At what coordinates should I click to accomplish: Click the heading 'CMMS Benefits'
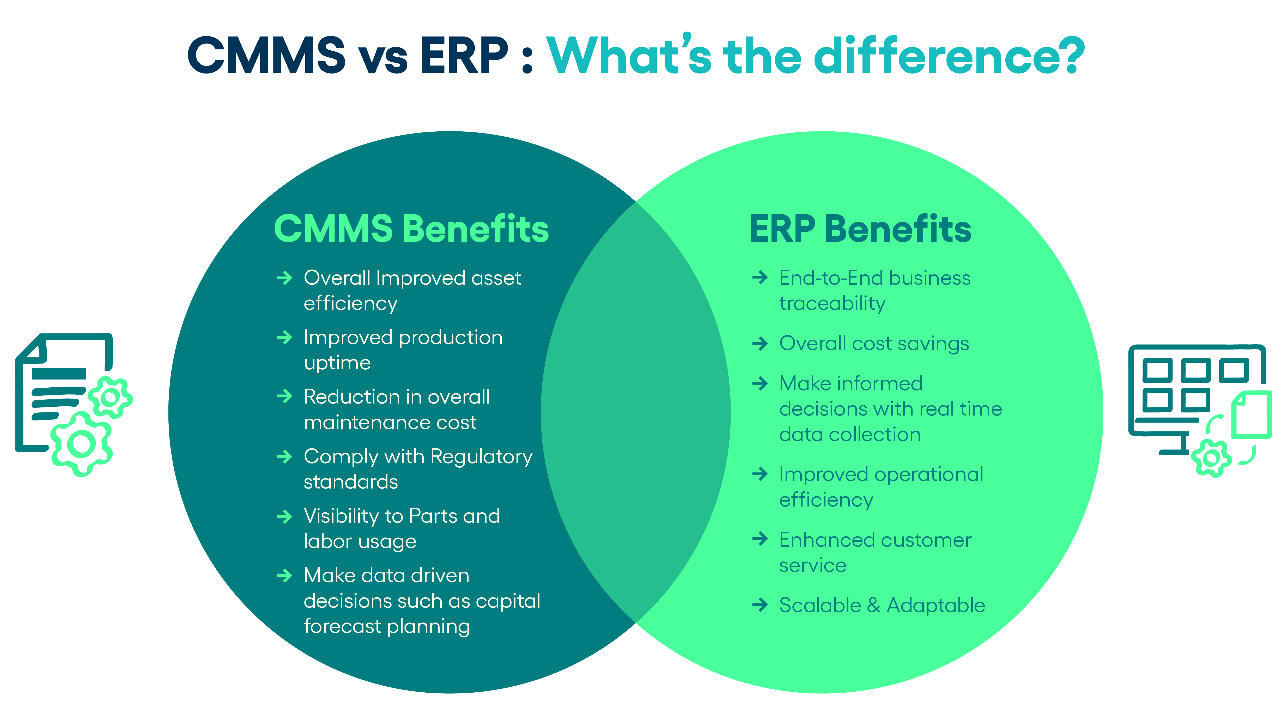[x=411, y=229]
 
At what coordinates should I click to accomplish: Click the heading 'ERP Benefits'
[x=860, y=229]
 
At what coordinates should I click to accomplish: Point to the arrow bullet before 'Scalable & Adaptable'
[x=760, y=605]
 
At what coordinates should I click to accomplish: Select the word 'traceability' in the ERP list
[x=832, y=303]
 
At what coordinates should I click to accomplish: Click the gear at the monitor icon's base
[x=1211, y=457]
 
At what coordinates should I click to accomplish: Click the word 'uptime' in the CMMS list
[x=337, y=363]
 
